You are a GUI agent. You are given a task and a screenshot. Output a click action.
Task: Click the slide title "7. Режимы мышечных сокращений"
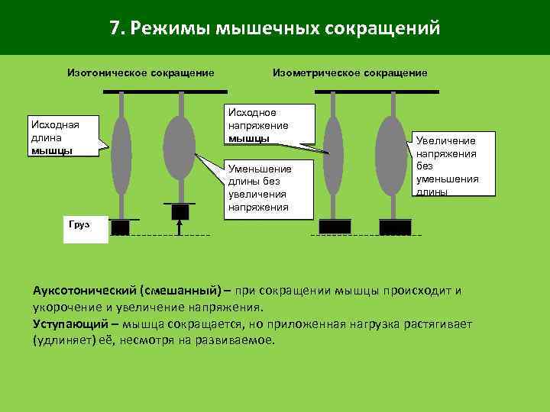coord(274,28)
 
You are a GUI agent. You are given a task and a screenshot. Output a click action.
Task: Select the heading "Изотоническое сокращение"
coord(141,72)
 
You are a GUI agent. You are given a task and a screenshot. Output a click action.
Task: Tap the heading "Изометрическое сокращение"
coord(350,72)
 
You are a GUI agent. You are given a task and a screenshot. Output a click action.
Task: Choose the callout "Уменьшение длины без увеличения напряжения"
coord(270,188)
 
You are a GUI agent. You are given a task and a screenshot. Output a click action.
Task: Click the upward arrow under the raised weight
coord(180,227)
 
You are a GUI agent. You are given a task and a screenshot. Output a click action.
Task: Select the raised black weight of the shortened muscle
coord(180,211)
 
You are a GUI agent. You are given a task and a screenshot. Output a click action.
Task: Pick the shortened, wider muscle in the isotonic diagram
coord(180,148)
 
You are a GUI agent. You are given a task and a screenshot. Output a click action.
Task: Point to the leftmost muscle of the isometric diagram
coord(333,156)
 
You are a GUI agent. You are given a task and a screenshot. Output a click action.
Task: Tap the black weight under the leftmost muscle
coord(121,227)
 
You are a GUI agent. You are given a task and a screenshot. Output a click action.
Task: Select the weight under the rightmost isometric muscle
coord(395,227)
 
